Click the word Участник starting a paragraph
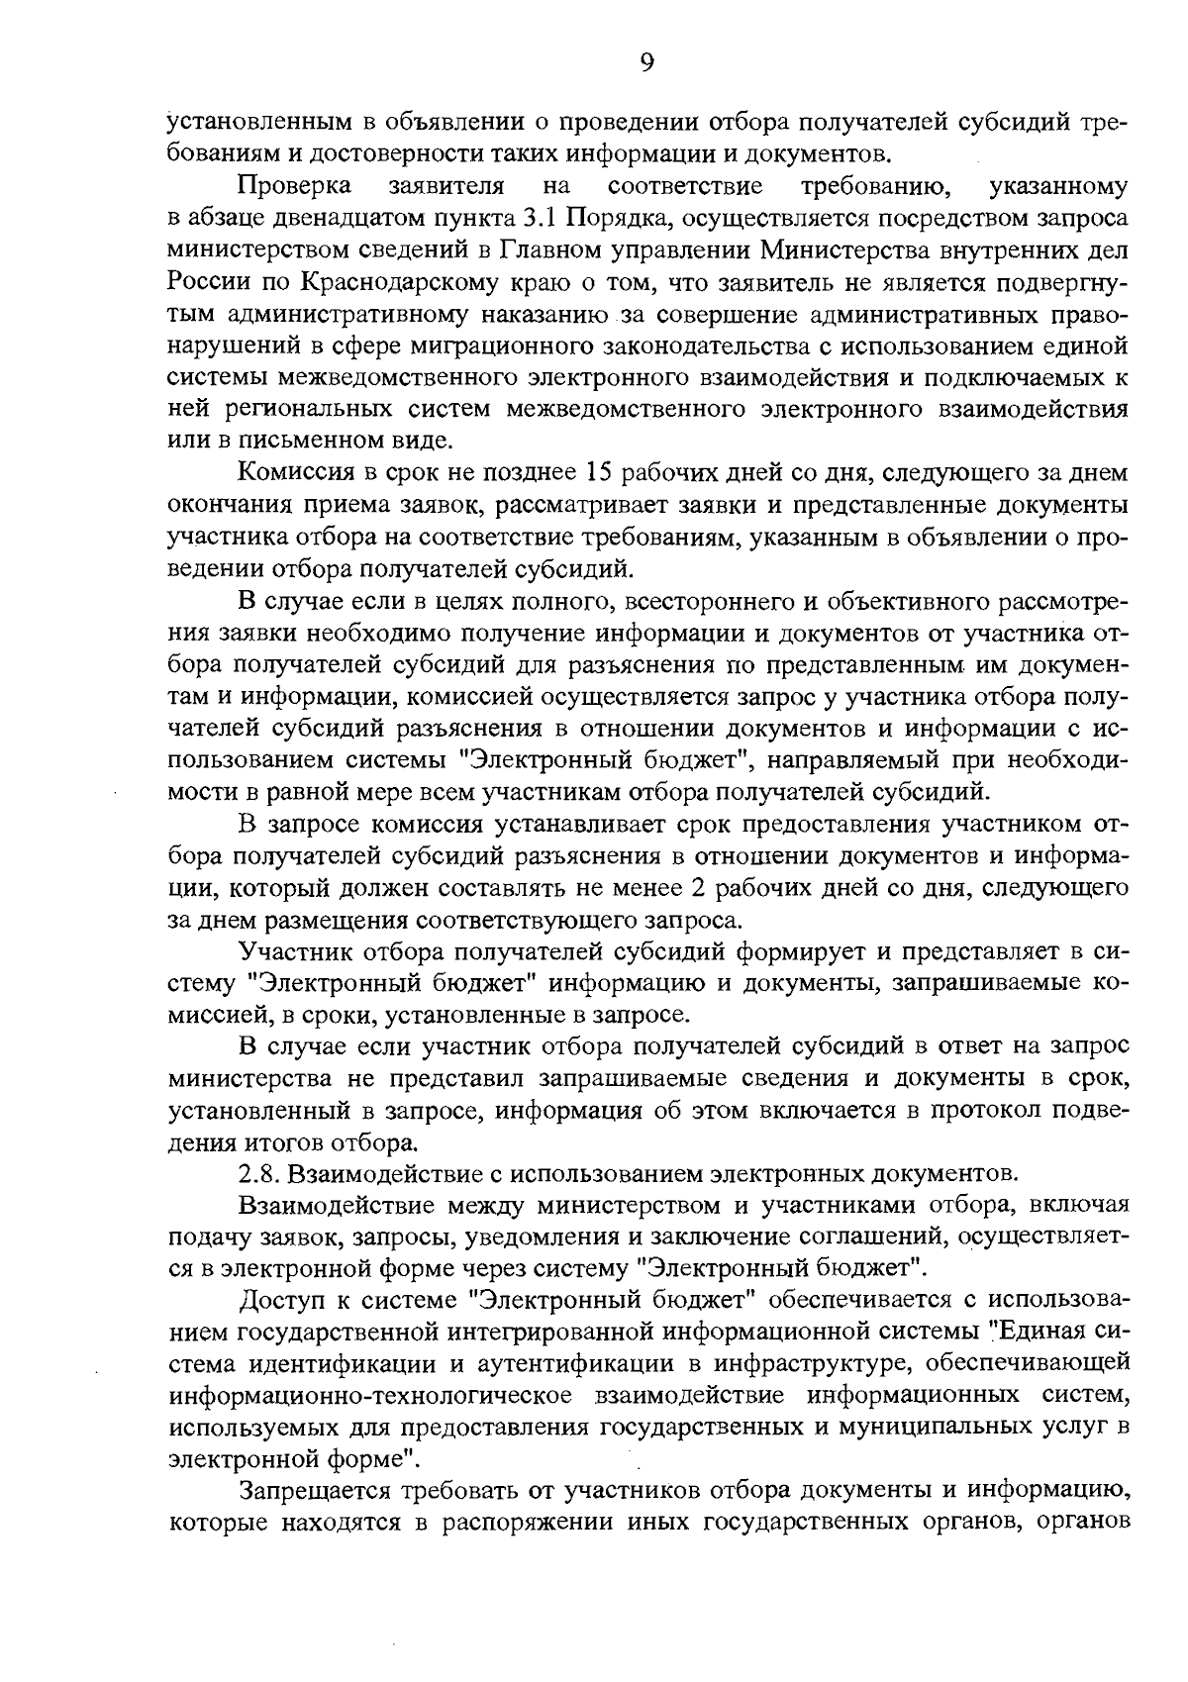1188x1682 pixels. (x=291, y=951)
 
